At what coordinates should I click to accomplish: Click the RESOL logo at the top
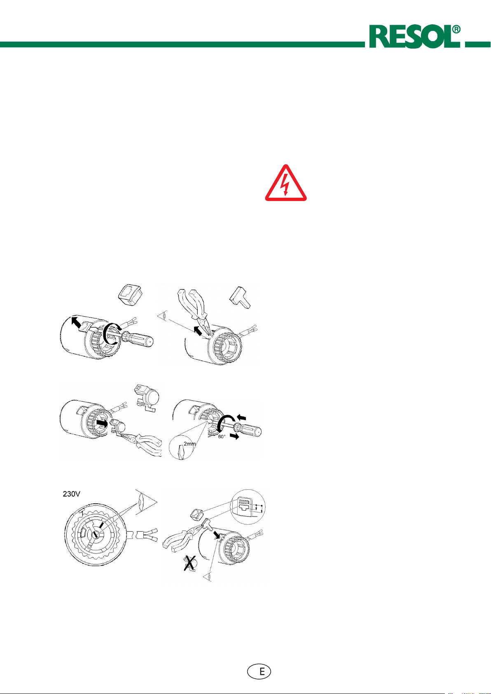[x=414, y=37]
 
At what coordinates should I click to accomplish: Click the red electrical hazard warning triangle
[x=285, y=183]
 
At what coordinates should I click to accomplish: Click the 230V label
[x=72, y=493]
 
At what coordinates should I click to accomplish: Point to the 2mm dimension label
[x=189, y=444]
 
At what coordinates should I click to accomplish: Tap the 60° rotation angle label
[x=222, y=437]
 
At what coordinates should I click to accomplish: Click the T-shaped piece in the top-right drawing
[x=240, y=298]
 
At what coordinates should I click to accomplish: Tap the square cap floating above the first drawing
[x=130, y=294]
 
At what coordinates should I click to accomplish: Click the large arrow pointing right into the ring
[x=102, y=423]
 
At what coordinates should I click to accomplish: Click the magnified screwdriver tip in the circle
[x=181, y=451]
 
